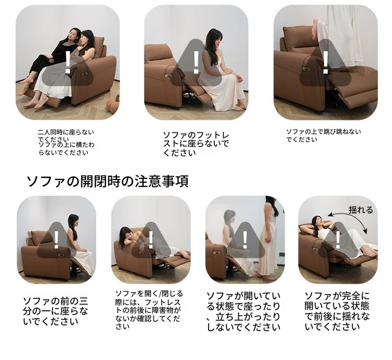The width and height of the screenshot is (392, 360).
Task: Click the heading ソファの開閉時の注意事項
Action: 107,181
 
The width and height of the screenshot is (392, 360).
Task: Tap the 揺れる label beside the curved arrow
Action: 361,210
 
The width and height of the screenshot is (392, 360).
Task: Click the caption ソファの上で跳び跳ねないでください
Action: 324,136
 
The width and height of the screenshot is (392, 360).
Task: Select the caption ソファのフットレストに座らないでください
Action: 196,144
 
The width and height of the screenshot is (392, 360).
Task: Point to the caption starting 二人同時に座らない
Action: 66,142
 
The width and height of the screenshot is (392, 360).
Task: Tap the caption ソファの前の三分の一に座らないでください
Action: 55,311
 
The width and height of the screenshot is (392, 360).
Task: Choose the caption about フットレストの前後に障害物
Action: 149,310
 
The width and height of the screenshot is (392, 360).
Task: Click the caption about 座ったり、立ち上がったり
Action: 244,312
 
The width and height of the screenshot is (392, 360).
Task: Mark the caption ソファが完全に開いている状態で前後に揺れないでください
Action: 337,311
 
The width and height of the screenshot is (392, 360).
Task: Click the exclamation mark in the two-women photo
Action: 67,62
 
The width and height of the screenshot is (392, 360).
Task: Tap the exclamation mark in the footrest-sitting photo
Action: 196,62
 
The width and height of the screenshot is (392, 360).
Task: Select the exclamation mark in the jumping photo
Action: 326,63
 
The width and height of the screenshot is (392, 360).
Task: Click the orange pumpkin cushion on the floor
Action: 112,105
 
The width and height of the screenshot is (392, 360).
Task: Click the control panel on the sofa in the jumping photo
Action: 307,71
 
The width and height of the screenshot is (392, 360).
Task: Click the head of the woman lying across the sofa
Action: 126,234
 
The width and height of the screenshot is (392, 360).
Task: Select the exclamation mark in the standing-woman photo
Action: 245,240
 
